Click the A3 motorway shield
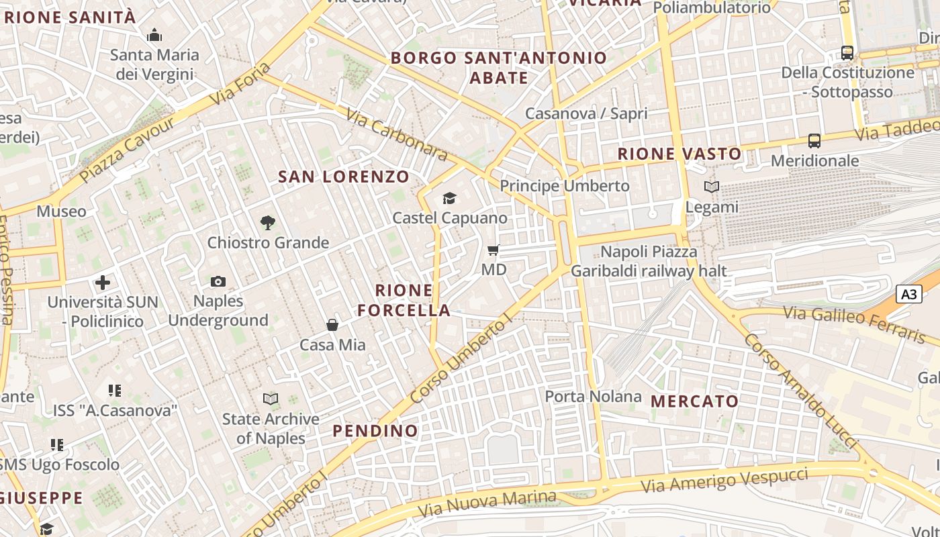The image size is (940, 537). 908,294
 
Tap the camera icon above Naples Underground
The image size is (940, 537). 218,281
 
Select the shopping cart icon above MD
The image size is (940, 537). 493,250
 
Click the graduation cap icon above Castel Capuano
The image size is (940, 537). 449,198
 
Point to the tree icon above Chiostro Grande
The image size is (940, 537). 268,223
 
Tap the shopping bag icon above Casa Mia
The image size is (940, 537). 332,326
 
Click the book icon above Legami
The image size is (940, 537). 712,187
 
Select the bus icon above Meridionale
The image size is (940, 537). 814,141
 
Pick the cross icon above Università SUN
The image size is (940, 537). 103,283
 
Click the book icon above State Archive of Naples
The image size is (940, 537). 271,399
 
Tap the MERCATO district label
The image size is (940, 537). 695,401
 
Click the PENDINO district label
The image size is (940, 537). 375,430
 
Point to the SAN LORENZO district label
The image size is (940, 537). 344,177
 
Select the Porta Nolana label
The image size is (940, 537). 593,396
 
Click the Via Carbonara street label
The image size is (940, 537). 397,135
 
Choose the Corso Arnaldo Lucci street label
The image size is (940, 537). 800,391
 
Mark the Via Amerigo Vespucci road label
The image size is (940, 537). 724,481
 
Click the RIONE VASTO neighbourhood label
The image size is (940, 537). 679,154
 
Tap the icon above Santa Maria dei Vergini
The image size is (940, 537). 154,35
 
